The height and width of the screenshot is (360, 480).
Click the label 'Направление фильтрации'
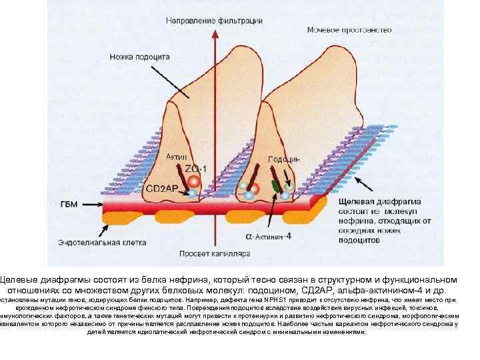(x=214, y=21)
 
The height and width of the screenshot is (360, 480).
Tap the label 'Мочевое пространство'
(x=349, y=30)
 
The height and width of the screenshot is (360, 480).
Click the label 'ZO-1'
(x=195, y=168)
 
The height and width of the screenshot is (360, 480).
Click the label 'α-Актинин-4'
(x=268, y=236)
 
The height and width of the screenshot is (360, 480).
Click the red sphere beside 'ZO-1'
(x=193, y=181)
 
